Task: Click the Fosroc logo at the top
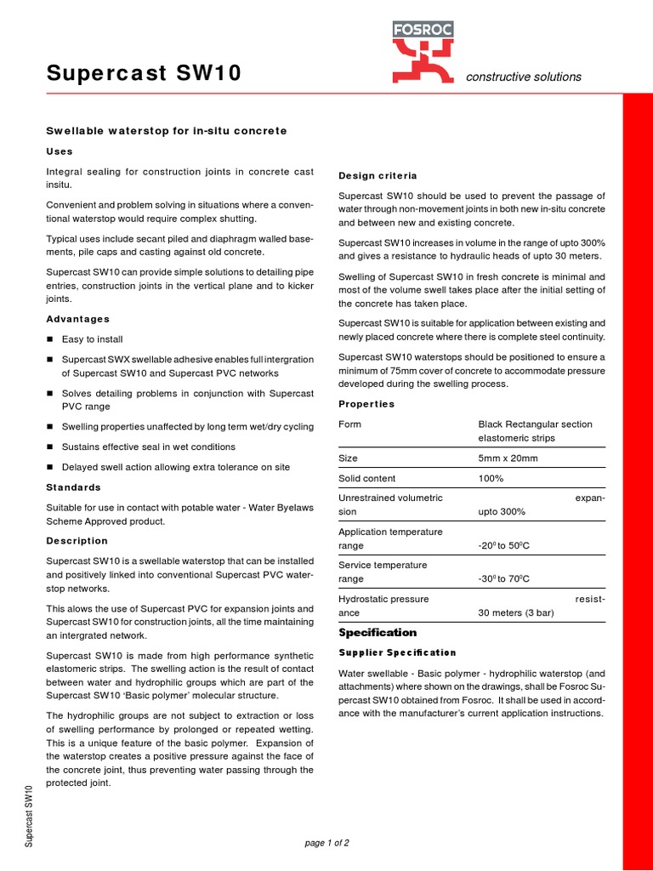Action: point(423,52)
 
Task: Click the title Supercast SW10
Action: point(144,75)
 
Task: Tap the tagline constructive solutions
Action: point(523,77)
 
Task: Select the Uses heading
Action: point(59,151)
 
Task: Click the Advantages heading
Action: point(77,319)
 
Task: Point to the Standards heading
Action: point(73,487)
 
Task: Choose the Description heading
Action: point(77,541)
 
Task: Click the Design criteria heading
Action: point(378,176)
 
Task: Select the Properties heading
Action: point(366,404)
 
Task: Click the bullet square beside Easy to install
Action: point(50,339)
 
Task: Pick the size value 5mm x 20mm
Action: point(508,458)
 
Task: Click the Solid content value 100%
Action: point(491,479)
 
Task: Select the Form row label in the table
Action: point(349,424)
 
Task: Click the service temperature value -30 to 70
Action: point(504,579)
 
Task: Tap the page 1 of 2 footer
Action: point(326,843)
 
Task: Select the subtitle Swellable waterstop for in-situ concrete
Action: point(166,130)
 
